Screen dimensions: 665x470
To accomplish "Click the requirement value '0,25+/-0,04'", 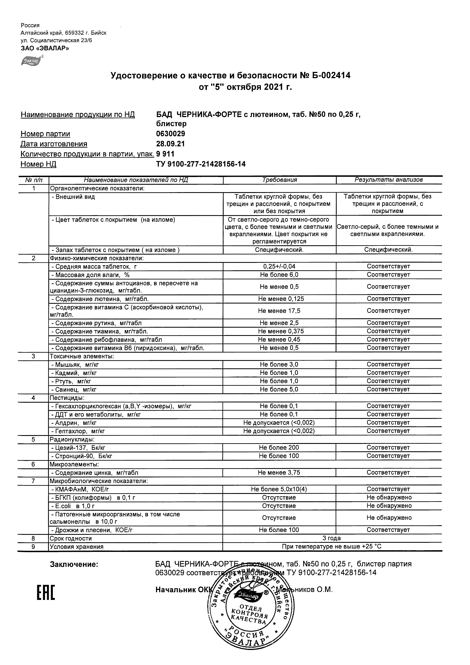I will [279, 267].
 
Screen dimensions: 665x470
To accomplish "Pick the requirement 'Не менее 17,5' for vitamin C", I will [279, 311].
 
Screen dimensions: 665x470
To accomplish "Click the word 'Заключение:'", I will [74, 564].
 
